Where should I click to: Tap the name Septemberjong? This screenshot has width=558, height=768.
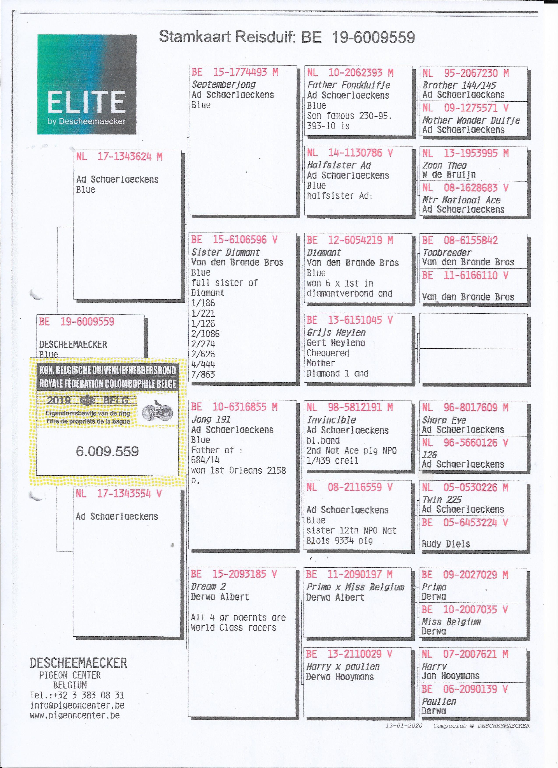tap(224, 84)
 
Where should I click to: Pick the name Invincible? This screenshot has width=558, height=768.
tap(331, 420)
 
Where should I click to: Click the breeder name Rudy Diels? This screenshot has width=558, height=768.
tap(446, 544)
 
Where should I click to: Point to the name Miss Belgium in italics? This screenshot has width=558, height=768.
tap(451, 622)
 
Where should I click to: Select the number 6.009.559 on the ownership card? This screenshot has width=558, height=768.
tap(107, 451)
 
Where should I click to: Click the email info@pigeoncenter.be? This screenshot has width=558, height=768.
tap(77, 705)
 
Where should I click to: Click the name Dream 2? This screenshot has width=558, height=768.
tap(208, 586)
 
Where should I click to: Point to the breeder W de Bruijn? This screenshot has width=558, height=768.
tap(449, 175)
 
